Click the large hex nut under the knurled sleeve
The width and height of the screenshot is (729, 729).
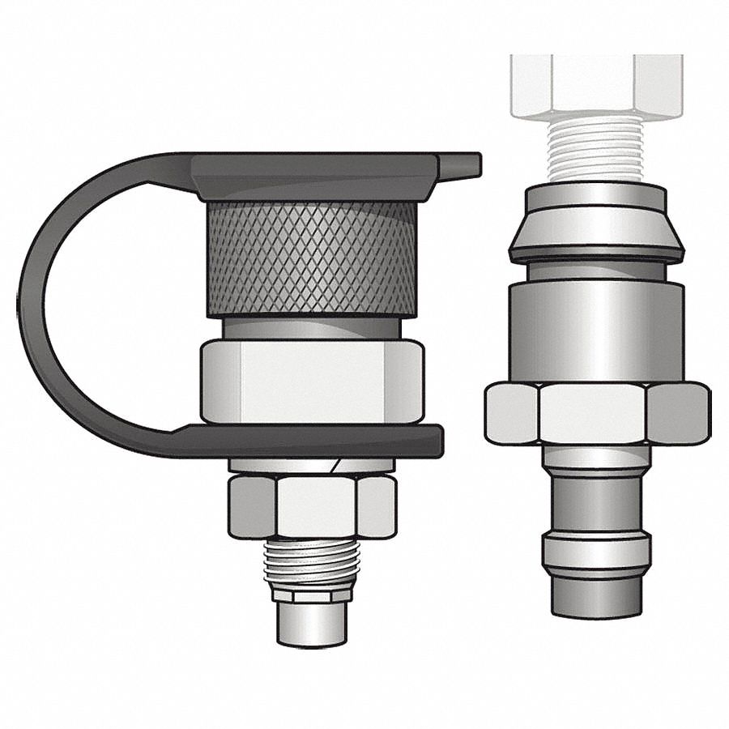[312, 381]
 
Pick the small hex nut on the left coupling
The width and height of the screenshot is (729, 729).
[312, 506]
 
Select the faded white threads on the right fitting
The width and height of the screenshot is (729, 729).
[595, 150]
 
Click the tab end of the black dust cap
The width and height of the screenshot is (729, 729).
[461, 165]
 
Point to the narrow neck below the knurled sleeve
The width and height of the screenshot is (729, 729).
[312, 328]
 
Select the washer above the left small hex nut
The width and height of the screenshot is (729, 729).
[312, 466]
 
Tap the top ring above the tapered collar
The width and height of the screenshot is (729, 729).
[596, 197]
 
